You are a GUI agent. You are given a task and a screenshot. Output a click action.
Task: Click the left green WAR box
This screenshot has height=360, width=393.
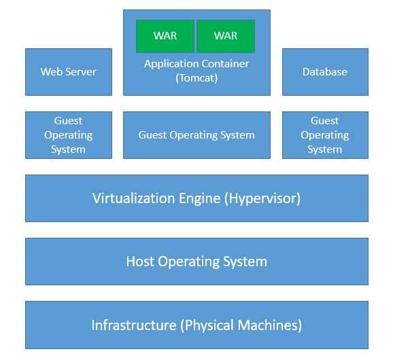tap(165, 36)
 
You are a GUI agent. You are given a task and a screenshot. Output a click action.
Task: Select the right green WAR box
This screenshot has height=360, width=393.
tap(226, 36)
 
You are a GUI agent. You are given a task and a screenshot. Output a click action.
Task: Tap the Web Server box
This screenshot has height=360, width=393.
tap(69, 71)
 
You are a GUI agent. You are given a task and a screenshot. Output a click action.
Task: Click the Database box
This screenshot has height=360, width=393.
tap(325, 71)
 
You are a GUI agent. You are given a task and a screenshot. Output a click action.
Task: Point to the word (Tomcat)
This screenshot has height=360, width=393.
tap(196, 77)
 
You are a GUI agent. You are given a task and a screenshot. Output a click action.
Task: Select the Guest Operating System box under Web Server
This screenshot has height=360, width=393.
tap(69, 135)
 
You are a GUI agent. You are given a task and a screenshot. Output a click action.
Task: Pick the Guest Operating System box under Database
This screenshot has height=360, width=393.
tap(325, 135)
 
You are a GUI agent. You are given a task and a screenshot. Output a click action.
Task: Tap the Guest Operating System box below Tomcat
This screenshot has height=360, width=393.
tap(196, 135)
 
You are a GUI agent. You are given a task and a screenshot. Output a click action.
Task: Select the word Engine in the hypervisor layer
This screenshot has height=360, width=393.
tap(196, 198)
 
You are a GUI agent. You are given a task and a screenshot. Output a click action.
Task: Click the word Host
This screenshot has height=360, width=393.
tap(141, 261)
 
